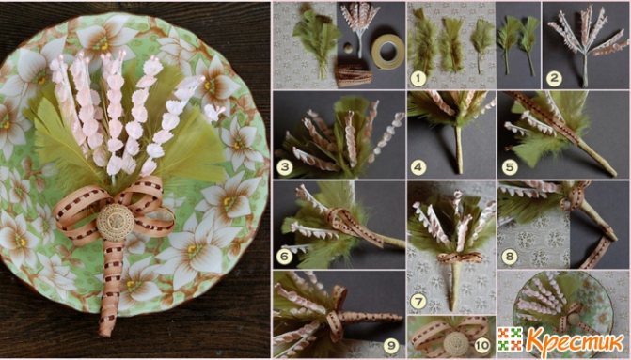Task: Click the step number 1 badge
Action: coord(418,78)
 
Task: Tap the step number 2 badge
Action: coord(554,79)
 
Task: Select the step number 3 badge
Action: coord(284,167)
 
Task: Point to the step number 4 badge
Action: coord(418,167)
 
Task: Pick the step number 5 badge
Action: coord(510,167)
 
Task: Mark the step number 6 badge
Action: coord(284,257)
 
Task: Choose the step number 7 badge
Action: coord(418,302)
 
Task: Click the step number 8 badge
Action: coord(510,257)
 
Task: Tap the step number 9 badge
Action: coord(391,346)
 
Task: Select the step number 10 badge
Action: coord(481,345)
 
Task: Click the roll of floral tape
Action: coord(388,52)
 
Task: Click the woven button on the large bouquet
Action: coord(115,222)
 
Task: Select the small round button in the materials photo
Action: coord(346,50)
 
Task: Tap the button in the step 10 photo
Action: coord(455,345)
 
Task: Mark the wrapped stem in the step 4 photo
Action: coord(459,149)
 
